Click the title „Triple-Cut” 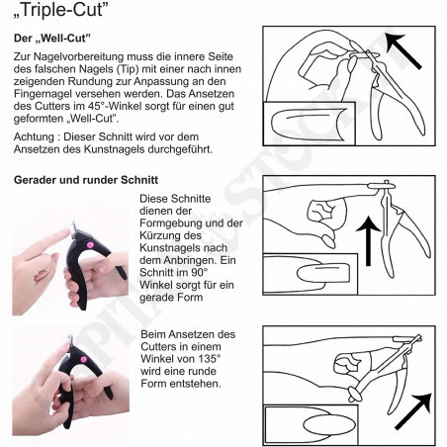(x=61, y=10)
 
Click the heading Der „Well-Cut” (x=52, y=39)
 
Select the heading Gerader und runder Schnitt (x=86, y=180)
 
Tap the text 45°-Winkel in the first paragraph (x=112, y=106)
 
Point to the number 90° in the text (x=200, y=273)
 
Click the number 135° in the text (x=210, y=359)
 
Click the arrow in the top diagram (x=402, y=50)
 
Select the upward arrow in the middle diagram (x=368, y=241)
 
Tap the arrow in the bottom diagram (x=413, y=411)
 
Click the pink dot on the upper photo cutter (x=89, y=245)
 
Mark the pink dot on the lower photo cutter (x=83, y=359)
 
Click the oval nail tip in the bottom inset (x=329, y=424)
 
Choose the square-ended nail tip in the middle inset (x=323, y=273)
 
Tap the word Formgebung (x=171, y=223)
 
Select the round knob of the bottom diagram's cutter (x=355, y=394)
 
